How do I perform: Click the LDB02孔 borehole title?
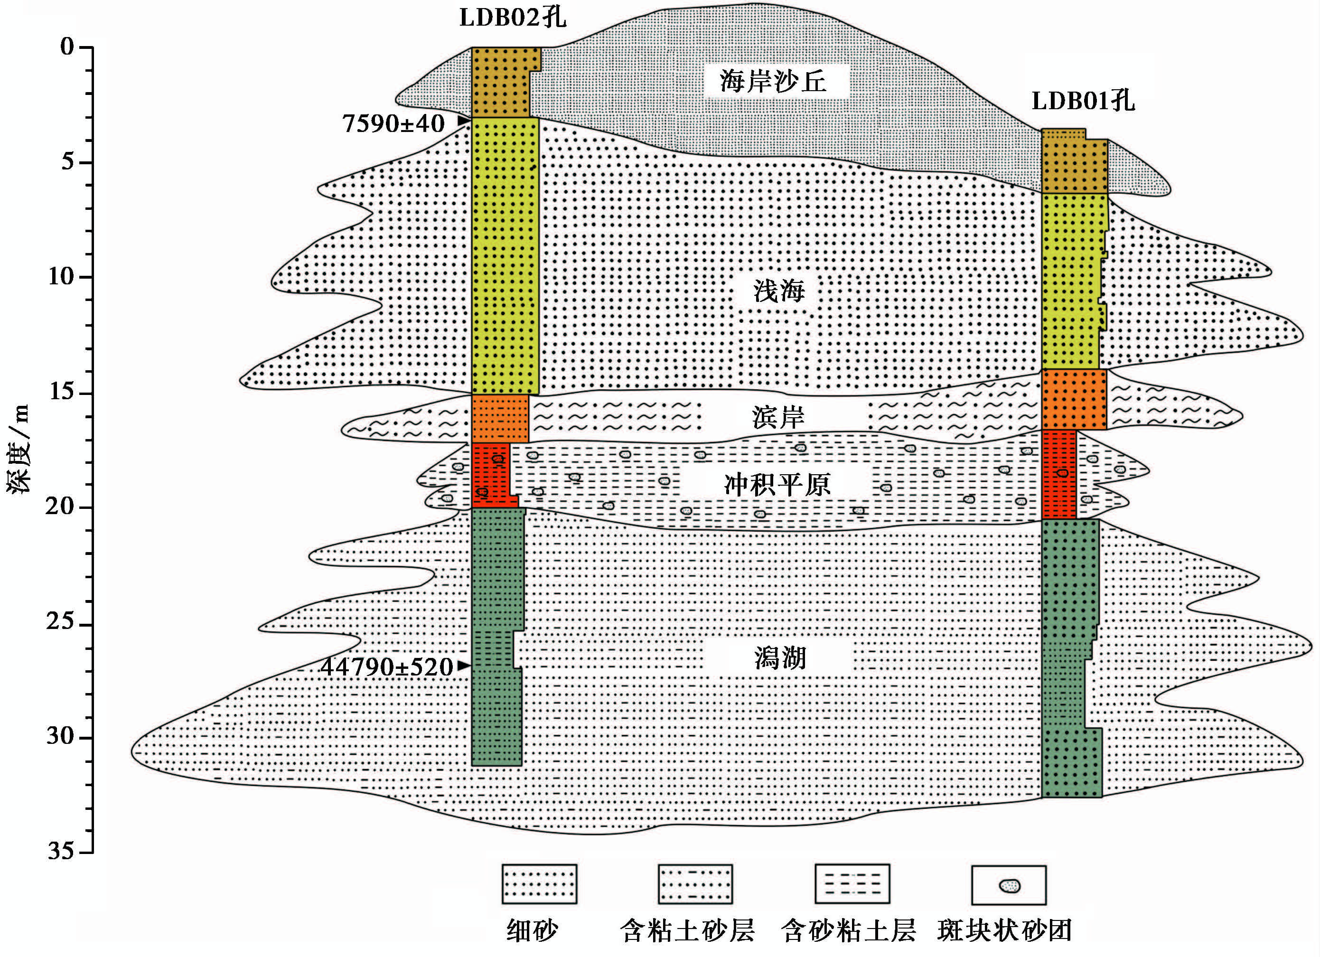click(x=512, y=18)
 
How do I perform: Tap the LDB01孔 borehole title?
click(x=1083, y=101)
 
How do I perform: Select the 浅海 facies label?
click(x=779, y=290)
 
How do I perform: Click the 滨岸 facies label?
click(x=778, y=417)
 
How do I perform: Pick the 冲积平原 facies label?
click(x=777, y=484)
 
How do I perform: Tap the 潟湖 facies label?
click(x=780, y=658)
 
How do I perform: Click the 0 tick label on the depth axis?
click(x=67, y=47)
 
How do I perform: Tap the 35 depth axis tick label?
click(x=62, y=852)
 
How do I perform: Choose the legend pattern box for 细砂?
click(x=539, y=883)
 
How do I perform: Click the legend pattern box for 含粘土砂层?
click(x=695, y=883)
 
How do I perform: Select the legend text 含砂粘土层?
click(x=849, y=931)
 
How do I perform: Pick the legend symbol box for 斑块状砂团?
click(x=1009, y=885)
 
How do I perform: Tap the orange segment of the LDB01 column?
click(x=1073, y=399)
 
